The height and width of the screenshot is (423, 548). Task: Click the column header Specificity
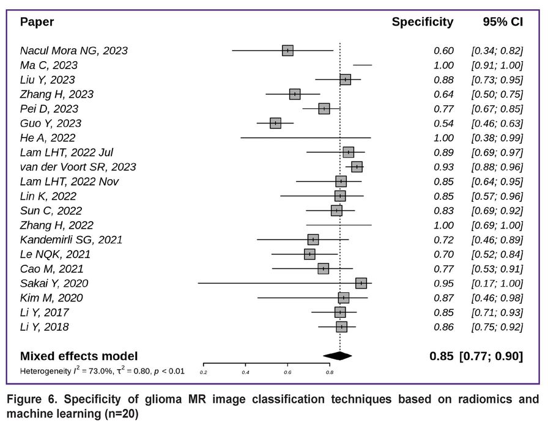pyautogui.click(x=422, y=23)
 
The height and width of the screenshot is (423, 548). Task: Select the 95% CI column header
pyautogui.click(x=503, y=23)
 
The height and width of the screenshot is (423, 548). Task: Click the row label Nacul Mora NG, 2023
pyautogui.click(x=74, y=51)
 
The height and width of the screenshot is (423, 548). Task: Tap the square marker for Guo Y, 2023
pyautogui.click(x=275, y=123)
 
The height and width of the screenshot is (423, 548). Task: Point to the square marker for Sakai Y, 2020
pyautogui.click(x=361, y=283)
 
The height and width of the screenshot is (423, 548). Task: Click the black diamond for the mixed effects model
pyautogui.click(x=338, y=356)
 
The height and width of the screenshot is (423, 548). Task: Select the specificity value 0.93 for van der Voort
pyautogui.click(x=443, y=167)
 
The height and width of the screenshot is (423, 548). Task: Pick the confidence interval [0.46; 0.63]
pyautogui.click(x=497, y=123)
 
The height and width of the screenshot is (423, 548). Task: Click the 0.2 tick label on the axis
pyautogui.click(x=203, y=372)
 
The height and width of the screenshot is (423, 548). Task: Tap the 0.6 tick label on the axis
pyautogui.click(x=287, y=372)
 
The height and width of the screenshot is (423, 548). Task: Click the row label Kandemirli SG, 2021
pyautogui.click(x=71, y=240)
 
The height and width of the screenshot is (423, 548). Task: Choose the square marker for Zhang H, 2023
pyautogui.click(x=295, y=94)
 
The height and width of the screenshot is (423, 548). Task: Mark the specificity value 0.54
pyautogui.click(x=443, y=123)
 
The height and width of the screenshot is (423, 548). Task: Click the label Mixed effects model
pyautogui.click(x=79, y=356)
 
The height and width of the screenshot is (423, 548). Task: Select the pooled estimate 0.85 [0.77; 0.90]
pyautogui.click(x=476, y=356)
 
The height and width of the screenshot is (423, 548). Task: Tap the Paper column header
pyautogui.click(x=37, y=23)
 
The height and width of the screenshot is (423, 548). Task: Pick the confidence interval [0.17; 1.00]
pyautogui.click(x=497, y=283)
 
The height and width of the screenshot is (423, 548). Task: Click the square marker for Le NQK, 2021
pyautogui.click(x=309, y=254)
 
